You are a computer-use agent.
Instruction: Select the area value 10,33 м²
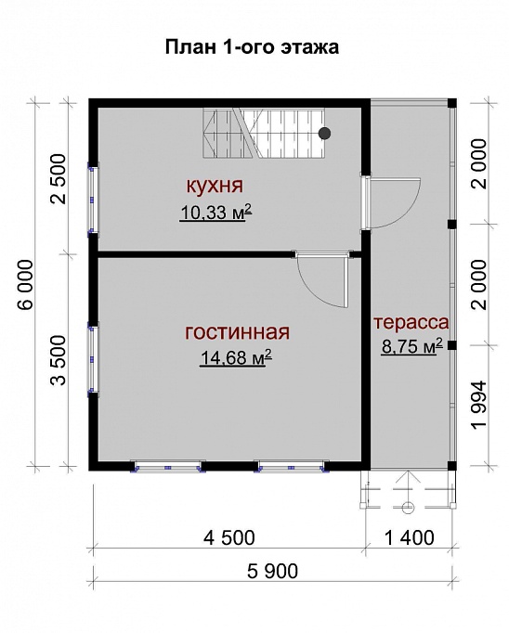coord(216,213)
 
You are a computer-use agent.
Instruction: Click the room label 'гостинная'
coord(238,331)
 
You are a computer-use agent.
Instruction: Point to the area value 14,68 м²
coord(234,358)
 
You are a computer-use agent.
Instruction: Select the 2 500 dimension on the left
coord(58,176)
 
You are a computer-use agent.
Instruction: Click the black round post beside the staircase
coord(324,133)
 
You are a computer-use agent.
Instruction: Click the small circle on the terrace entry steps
coord(407,506)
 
